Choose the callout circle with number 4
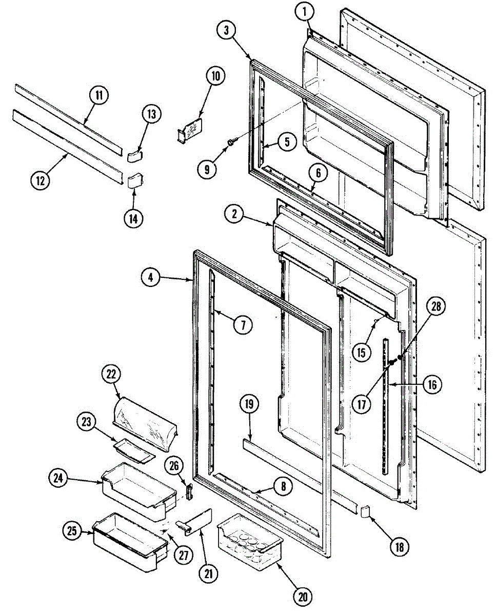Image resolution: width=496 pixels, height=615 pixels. (150, 278)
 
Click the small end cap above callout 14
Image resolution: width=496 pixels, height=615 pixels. (134, 181)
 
